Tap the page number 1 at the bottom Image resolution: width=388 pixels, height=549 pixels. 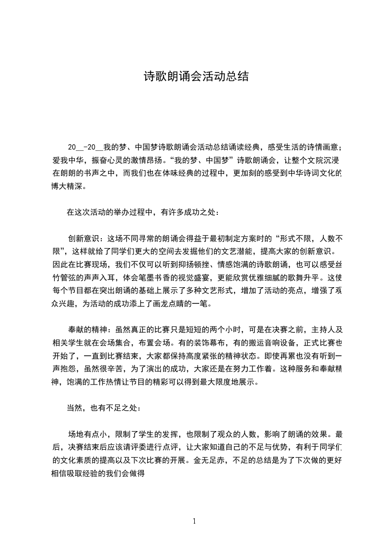coord(194,521)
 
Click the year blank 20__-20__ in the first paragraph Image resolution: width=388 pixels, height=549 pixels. coord(86,147)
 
